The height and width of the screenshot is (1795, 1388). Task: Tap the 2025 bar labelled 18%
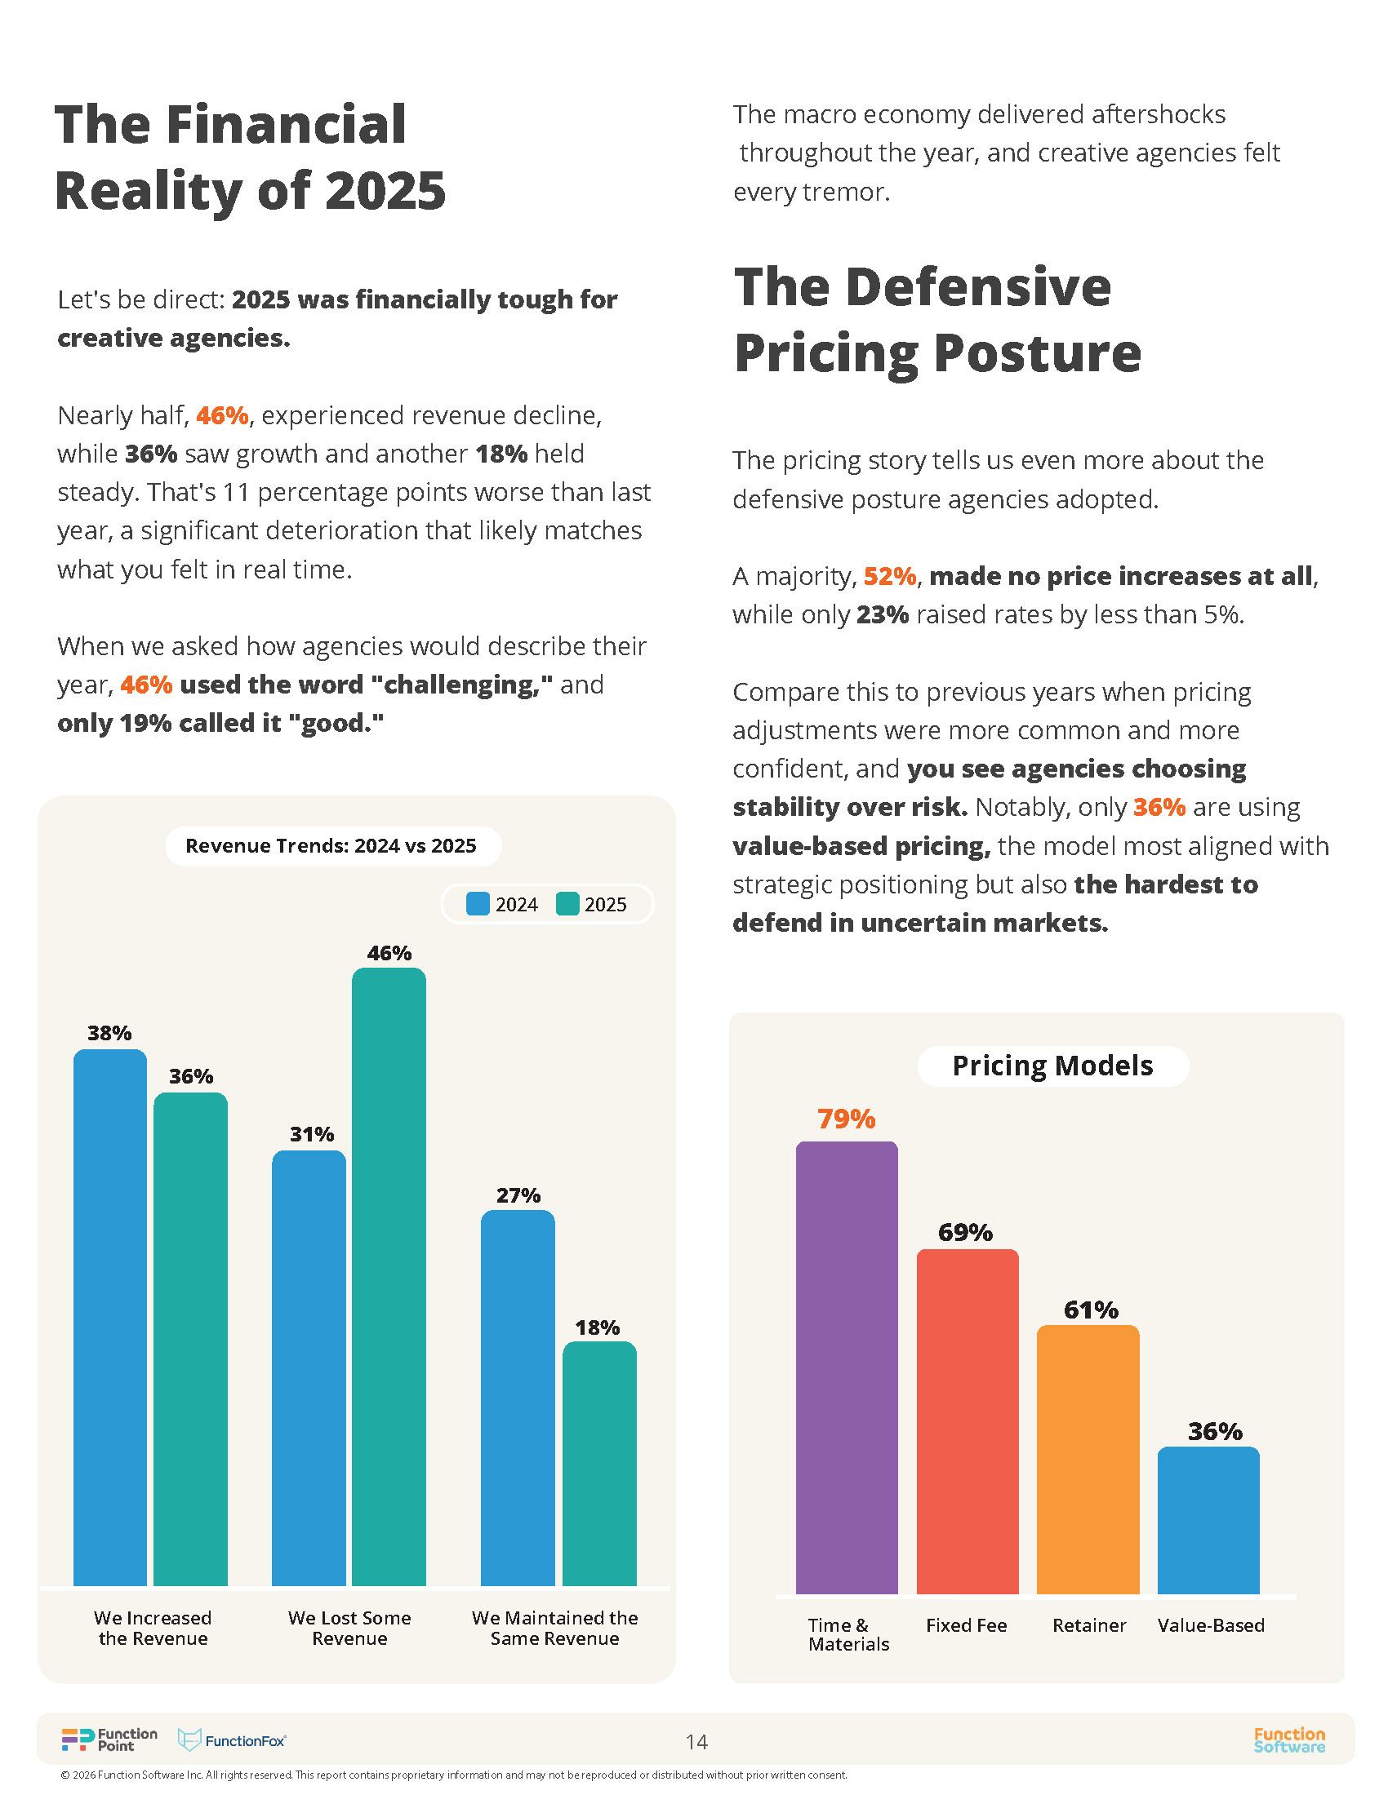(599, 1464)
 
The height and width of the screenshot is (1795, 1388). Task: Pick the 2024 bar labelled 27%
(518, 1398)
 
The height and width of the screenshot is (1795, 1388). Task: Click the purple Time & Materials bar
(846, 1367)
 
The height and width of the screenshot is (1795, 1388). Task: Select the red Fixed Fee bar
(967, 1421)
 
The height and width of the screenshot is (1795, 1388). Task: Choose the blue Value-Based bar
(1208, 1520)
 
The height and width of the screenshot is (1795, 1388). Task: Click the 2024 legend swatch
(478, 904)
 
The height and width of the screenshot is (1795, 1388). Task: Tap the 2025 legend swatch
(567, 904)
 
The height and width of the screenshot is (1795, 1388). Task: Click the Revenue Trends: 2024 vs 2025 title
(331, 846)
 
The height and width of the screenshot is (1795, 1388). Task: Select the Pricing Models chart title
(1052, 1066)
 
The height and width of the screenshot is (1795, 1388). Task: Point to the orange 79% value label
(846, 1119)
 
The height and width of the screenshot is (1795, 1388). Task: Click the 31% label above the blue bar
(312, 1134)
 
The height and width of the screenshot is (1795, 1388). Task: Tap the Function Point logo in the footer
(109, 1740)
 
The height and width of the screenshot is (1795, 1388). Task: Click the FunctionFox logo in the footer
(233, 1741)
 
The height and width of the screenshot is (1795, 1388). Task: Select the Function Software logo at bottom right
(1288, 1740)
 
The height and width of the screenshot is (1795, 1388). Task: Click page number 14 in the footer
(696, 1742)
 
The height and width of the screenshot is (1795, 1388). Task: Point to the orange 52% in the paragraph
(890, 576)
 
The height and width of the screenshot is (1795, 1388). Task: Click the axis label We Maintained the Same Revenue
(555, 1629)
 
